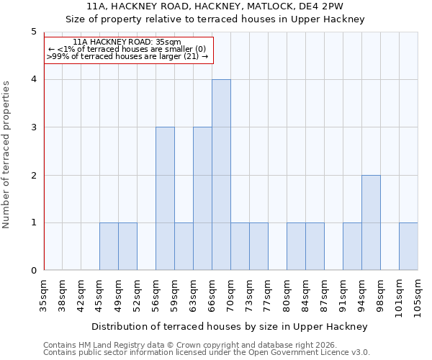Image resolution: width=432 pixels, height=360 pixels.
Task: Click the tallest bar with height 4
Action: (x=221, y=175)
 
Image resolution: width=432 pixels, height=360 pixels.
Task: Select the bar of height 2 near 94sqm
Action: (x=371, y=222)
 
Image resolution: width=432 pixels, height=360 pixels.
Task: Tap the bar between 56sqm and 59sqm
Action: (x=165, y=199)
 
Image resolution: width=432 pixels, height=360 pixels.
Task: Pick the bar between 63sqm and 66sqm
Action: (x=202, y=199)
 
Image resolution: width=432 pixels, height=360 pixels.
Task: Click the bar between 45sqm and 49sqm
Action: (x=109, y=246)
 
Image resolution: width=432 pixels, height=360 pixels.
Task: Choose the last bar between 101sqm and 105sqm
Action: (x=408, y=246)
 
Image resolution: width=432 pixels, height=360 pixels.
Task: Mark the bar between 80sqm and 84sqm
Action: (x=296, y=246)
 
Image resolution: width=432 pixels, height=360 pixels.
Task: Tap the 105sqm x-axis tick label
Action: (x=418, y=296)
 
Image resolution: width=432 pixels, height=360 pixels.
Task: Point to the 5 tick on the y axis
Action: (x=33, y=32)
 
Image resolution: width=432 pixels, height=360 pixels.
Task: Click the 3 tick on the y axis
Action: (x=33, y=127)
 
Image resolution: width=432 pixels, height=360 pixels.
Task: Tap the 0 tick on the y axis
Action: (x=33, y=271)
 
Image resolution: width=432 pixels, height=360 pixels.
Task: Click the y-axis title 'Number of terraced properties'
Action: (x=6, y=155)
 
